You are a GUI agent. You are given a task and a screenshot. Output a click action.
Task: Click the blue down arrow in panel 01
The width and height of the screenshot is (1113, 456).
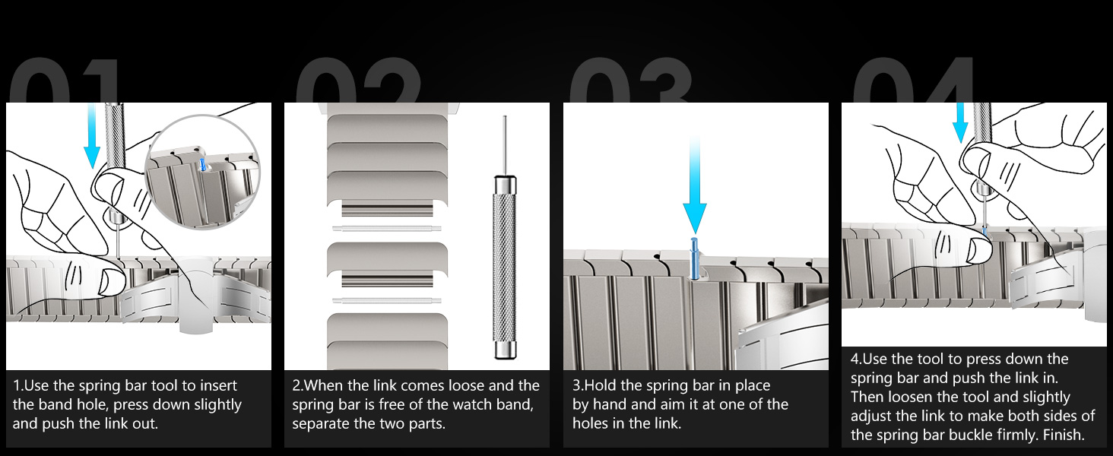point(92,135)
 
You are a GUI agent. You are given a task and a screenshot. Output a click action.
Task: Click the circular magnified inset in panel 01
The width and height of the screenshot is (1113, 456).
point(202,172)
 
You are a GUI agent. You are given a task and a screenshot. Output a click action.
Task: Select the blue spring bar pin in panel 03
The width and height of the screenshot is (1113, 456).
point(694,258)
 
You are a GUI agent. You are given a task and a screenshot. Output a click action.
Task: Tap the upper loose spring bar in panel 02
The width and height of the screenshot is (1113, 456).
point(386,229)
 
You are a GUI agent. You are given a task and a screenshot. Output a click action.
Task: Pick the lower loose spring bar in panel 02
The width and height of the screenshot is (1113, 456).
point(386,300)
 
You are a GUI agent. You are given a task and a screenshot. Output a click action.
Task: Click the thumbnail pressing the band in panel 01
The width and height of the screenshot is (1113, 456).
point(109,280)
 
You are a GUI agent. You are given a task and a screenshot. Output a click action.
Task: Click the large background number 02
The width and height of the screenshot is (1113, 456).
point(358,80)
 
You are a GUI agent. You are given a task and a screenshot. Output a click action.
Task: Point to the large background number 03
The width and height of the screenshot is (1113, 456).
point(631,80)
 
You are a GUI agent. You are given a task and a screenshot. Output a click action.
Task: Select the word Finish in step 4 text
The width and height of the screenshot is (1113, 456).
point(1061,435)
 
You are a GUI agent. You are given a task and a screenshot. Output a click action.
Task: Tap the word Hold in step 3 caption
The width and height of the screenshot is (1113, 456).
point(601,385)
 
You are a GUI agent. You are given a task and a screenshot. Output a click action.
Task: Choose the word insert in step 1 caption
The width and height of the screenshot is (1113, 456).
point(217,385)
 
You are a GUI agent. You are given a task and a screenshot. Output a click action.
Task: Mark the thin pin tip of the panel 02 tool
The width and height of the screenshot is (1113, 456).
point(505,117)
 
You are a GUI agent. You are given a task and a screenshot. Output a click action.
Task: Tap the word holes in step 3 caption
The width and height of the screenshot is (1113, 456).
point(588,423)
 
